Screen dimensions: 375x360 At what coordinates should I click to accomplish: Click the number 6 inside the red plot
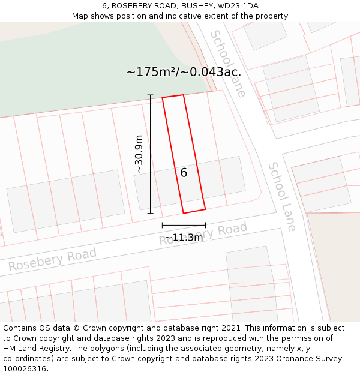pos(184,173)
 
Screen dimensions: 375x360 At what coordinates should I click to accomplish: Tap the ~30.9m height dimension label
pos(139,154)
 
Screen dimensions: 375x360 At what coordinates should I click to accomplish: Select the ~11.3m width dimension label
pos(184,238)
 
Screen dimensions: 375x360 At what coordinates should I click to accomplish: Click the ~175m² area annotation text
pos(184,72)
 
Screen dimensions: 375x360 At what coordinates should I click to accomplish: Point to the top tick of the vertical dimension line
pos(150,95)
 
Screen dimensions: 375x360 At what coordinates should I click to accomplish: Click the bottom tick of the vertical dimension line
pos(150,213)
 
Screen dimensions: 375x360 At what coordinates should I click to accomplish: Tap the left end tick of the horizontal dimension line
pos(162,226)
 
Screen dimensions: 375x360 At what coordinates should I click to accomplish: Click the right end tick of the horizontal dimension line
pos(205,226)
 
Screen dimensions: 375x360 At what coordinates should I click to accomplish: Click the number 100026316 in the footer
pos(24,368)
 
